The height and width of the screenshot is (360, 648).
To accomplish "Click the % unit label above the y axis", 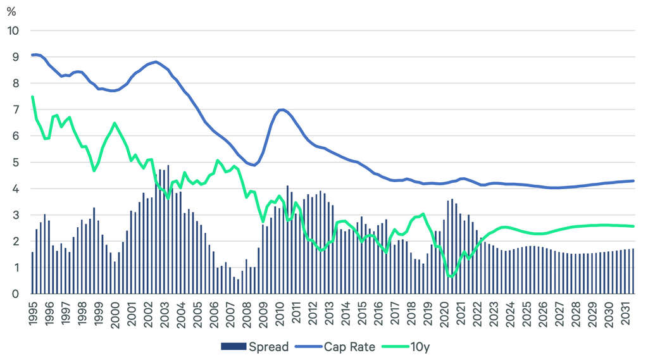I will coord(11,11).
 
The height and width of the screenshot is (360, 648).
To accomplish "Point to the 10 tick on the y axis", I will coord(13,30).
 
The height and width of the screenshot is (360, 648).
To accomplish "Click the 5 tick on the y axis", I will coord(16,163).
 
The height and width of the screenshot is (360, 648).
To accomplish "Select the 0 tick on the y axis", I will coord(16,294).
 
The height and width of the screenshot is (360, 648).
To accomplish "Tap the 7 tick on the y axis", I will coord(16,109).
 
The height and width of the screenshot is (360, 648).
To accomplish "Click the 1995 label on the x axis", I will coord(33,314).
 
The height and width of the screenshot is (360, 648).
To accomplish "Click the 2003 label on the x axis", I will coord(163,314).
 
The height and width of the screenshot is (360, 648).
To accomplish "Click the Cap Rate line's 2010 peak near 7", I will coord(282,109).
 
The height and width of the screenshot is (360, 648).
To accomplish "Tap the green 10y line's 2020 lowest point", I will coord(451,276).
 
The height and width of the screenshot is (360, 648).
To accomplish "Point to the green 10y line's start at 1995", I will coord(32,97).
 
